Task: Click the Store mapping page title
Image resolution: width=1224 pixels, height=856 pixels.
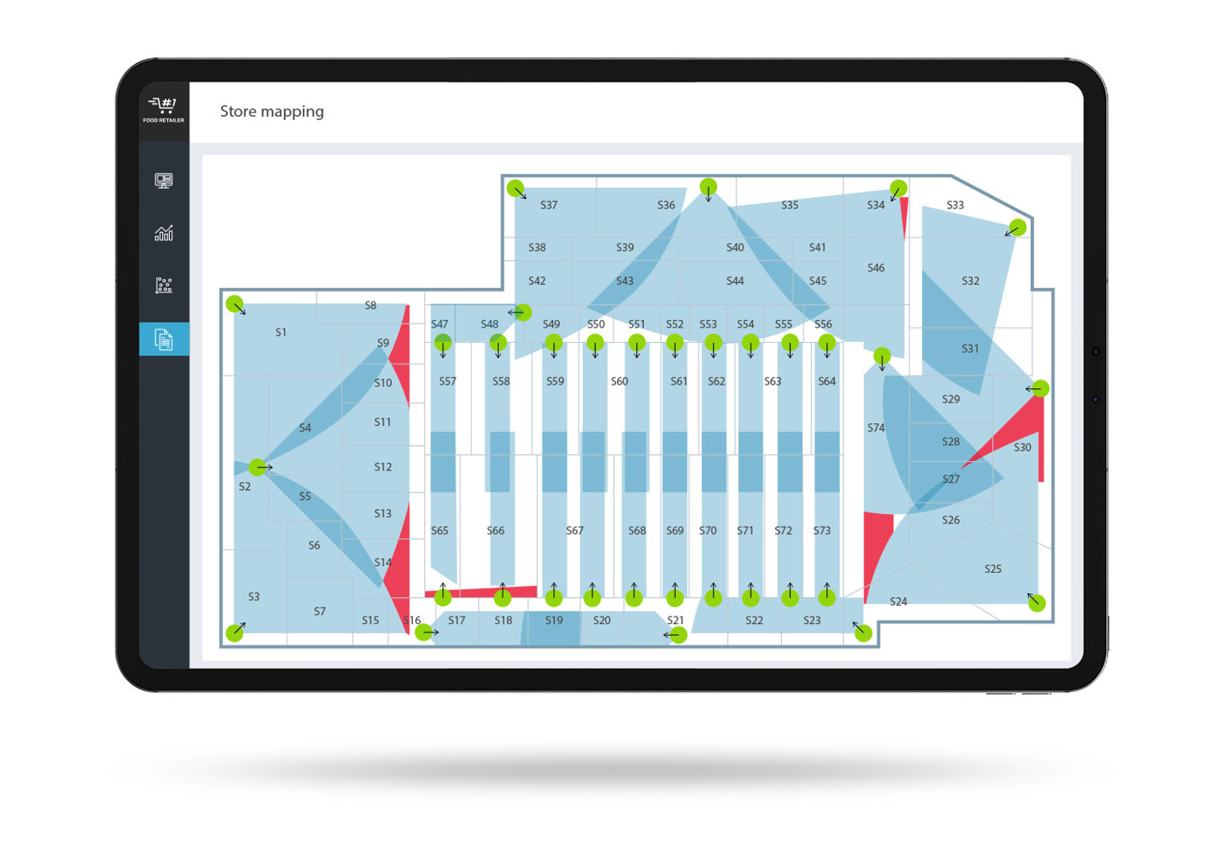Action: pos(272,112)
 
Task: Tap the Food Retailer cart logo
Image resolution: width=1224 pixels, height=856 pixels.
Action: pos(163,109)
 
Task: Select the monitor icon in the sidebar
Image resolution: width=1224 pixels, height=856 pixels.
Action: pos(163,180)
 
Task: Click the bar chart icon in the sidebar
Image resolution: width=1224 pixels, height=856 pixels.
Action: pos(163,233)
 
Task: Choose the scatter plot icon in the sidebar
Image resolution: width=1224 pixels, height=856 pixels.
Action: pos(163,285)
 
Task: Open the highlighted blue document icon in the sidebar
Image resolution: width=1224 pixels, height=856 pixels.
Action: pos(163,339)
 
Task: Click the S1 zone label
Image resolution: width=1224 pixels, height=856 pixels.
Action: pos(281,332)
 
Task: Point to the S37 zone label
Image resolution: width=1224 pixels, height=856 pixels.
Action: pos(549,205)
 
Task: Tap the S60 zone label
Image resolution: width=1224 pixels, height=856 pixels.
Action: pos(619,381)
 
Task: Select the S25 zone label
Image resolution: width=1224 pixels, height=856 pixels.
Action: pos(993,569)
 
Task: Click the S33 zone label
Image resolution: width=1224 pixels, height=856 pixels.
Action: pos(955,205)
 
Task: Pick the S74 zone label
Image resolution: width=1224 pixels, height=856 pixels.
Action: pos(876,428)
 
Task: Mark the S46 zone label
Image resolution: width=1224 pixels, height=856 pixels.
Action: pos(876,268)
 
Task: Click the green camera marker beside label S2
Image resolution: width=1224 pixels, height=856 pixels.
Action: pos(257,467)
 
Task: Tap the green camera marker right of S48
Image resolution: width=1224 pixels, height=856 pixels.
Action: pos(523,312)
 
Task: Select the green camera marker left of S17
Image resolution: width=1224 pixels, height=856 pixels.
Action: pos(424,633)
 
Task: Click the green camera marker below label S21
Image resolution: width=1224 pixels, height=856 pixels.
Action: pos(678,635)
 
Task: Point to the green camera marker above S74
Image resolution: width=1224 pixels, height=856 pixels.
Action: pos(882,356)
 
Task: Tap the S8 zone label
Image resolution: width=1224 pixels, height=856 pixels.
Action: pos(371,305)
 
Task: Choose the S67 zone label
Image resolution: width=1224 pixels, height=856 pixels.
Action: pos(574,530)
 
